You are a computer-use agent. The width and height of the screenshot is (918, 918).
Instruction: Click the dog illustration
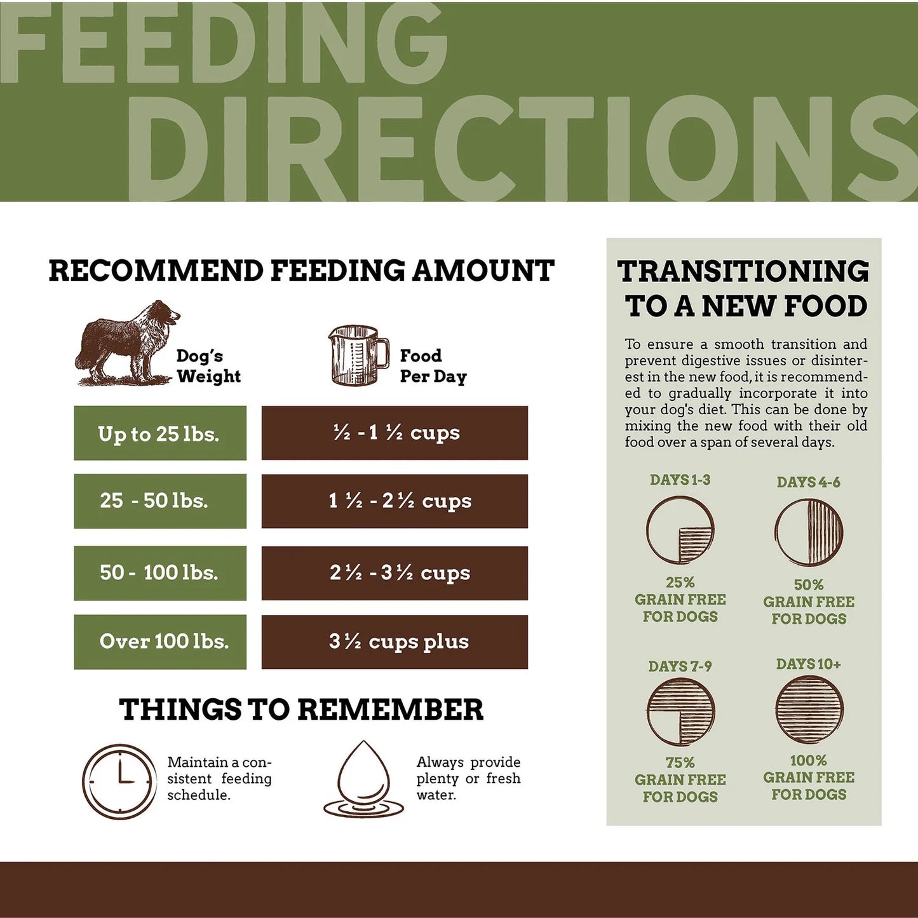127,343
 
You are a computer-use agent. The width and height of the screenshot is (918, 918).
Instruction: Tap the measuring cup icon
358,356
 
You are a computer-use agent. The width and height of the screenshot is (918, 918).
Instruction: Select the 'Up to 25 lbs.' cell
160,433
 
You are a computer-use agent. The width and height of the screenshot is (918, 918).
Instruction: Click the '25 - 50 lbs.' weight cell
160,501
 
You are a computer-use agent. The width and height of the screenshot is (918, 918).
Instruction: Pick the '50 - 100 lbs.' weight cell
160,573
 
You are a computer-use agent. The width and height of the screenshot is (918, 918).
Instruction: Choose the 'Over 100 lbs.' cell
160,642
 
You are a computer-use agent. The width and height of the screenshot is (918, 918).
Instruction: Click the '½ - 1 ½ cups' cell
395,433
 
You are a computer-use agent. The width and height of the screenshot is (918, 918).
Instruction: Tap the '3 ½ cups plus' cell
395,642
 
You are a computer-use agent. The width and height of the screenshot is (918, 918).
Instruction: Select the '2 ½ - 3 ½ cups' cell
395,573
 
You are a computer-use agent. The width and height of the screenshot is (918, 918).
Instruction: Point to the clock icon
119,781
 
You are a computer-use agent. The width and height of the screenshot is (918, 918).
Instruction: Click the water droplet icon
363,780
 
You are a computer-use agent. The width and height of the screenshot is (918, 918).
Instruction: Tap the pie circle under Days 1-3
680,530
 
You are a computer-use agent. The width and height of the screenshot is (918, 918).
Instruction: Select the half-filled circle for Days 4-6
809,532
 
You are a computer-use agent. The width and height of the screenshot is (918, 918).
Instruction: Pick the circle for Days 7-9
681,712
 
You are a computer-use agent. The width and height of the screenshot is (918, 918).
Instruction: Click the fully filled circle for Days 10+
809,710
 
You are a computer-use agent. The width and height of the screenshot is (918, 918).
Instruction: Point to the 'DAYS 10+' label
809,665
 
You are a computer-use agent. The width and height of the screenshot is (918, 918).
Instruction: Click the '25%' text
680,583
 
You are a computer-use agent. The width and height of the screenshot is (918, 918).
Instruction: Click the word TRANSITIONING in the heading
743,271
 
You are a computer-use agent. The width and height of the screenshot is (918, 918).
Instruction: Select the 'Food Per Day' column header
433,366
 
